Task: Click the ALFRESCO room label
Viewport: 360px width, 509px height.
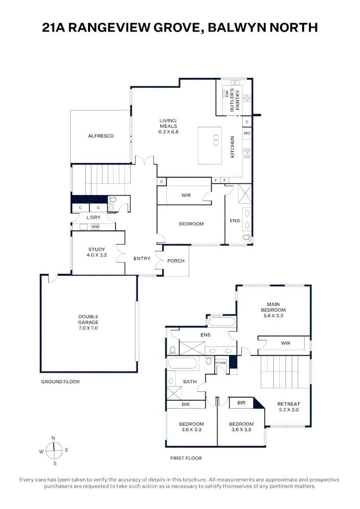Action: click(101, 136)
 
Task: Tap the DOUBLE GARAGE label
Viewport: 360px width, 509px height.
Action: click(89, 322)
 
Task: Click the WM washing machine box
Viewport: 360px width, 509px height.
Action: click(95, 227)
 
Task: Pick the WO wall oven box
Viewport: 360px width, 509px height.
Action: click(247, 133)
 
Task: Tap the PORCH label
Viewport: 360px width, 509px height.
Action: click(176, 261)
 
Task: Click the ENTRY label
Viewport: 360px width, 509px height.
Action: click(142, 258)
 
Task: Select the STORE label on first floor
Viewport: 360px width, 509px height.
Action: click(221, 363)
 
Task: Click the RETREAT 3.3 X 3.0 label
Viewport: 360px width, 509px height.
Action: click(288, 407)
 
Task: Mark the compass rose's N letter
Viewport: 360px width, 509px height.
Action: click(53, 438)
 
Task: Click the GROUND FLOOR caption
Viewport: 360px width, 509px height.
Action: click(60, 382)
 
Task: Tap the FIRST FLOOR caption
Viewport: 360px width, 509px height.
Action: click(186, 458)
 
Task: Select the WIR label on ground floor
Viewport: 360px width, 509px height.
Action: click(186, 195)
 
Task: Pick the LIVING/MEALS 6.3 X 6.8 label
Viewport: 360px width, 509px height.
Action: click(168, 126)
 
